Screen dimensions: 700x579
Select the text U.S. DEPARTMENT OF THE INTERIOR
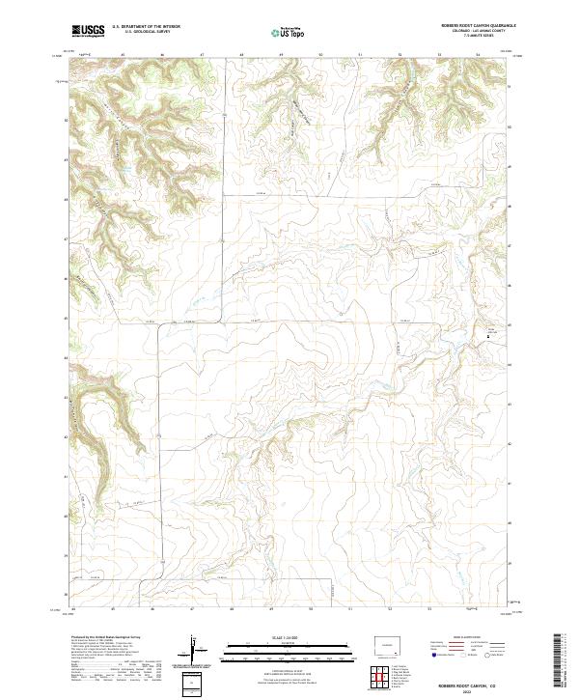[147, 27]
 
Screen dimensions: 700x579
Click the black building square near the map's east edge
[486, 337]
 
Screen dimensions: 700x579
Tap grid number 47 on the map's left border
[66, 239]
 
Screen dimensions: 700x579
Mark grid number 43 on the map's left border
[66, 398]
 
